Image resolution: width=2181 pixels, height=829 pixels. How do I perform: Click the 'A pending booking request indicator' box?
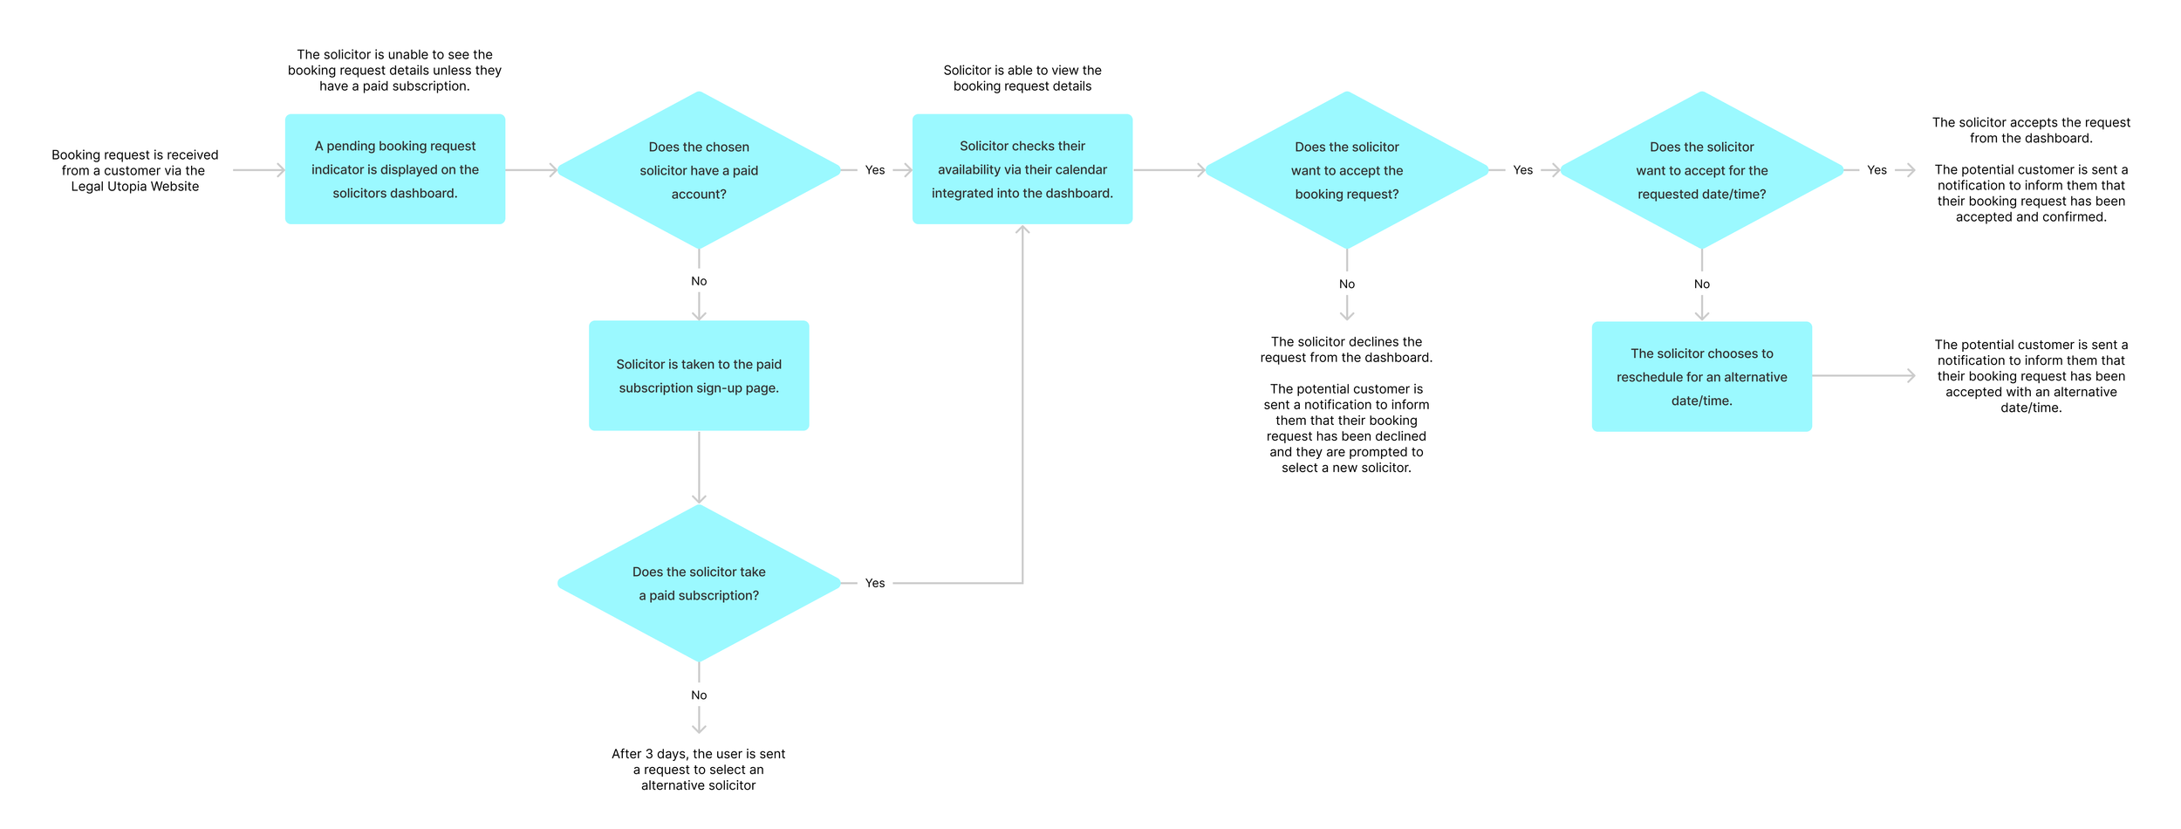pyautogui.click(x=395, y=169)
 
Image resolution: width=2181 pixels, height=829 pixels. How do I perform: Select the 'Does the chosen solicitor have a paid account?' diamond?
pyautogui.click(x=699, y=170)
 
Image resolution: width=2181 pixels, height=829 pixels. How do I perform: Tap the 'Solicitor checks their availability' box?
pyautogui.click(x=1022, y=169)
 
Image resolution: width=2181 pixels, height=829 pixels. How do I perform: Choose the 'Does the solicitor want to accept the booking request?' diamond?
pyautogui.click(x=1347, y=170)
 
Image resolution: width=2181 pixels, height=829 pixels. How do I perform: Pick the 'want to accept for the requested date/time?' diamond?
pyautogui.click(x=1702, y=170)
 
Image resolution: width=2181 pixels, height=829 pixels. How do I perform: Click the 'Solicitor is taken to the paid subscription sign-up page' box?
pyautogui.click(x=699, y=376)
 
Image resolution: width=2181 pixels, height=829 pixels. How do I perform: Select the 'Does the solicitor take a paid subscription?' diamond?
pyautogui.click(x=699, y=583)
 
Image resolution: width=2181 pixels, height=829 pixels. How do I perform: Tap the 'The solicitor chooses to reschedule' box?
pyautogui.click(x=1702, y=377)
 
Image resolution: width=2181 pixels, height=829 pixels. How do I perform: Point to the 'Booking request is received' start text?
pyautogui.click(x=135, y=170)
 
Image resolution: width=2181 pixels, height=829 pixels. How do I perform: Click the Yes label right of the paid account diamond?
pyautogui.click(x=875, y=170)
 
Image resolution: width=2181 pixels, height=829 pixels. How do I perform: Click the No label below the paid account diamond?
pyautogui.click(x=699, y=281)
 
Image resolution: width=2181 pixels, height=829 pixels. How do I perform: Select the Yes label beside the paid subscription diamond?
pyautogui.click(x=875, y=583)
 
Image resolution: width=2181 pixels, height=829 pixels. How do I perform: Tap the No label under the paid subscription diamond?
pyautogui.click(x=699, y=695)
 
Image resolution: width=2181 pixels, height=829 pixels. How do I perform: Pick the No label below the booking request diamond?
pyautogui.click(x=1347, y=284)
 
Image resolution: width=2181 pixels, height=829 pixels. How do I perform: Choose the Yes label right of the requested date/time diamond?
pyautogui.click(x=1877, y=170)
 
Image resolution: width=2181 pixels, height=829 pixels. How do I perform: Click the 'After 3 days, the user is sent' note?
pyautogui.click(x=699, y=770)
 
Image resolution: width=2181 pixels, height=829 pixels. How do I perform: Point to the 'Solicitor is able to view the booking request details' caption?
pyautogui.click(x=1022, y=78)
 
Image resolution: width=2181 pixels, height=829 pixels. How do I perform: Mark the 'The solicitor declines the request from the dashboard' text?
pyautogui.click(x=1347, y=350)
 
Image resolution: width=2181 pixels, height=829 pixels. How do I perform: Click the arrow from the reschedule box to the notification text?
pyautogui.click(x=1864, y=376)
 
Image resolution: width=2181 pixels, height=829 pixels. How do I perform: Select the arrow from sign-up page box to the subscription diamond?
pyautogui.click(x=699, y=468)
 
